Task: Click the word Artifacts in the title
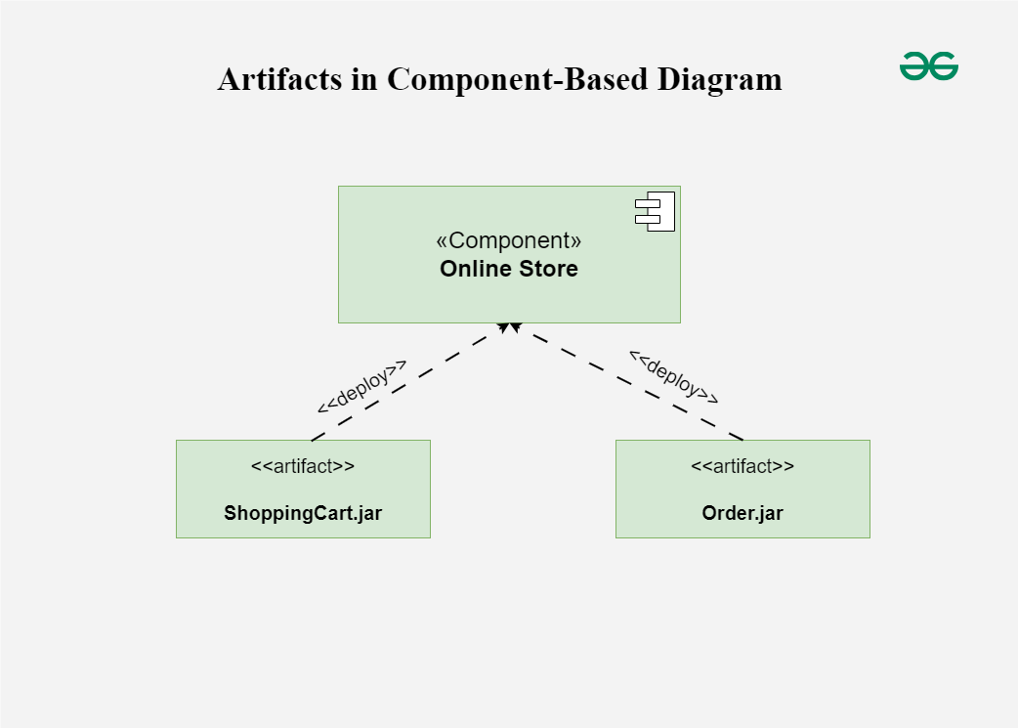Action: (278, 79)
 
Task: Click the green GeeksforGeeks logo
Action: (928, 66)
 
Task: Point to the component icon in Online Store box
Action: (656, 212)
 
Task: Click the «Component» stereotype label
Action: (509, 240)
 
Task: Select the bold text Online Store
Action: (509, 269)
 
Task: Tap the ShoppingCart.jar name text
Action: (303, 513)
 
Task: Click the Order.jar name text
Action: (742, 513)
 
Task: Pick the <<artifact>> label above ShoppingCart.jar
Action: (303, 466)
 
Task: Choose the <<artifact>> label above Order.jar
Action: (742, 466)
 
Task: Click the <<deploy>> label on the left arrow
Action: (361, 386)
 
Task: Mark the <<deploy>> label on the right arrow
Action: (674, 376)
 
